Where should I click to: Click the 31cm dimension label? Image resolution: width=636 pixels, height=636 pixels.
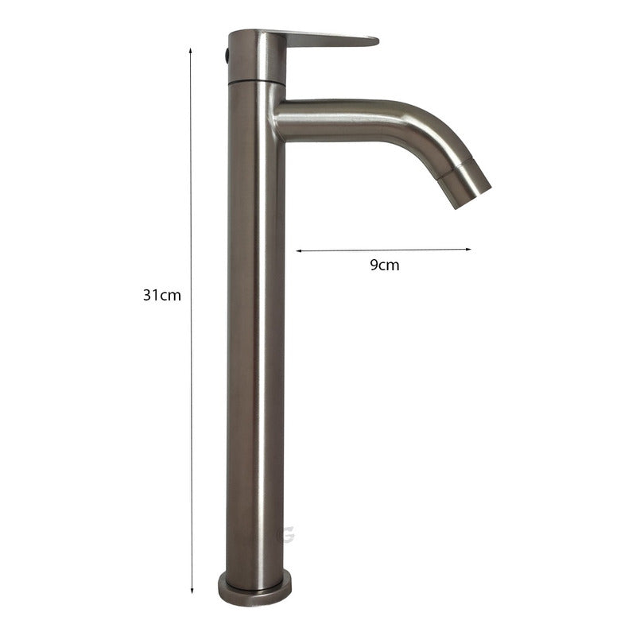[x=162, y=295]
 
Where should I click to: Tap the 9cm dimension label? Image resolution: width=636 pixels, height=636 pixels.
[x=385, y=265]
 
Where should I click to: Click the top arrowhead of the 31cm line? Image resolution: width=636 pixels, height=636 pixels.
[x=190, y=51]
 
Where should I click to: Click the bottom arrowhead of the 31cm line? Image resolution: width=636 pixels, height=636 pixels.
[x=192, y=591]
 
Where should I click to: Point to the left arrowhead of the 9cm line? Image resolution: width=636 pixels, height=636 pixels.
[x=300, y=251]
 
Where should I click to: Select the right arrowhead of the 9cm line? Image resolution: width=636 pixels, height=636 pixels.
[x=467, y=249]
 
